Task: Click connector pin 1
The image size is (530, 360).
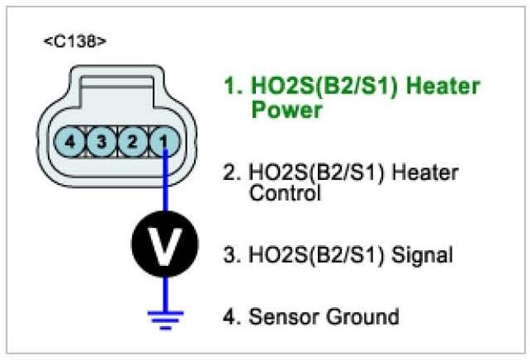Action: click(x=165, y=142)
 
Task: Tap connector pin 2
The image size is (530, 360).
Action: click(x=132, y=142)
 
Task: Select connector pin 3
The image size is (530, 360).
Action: click(x=101, y=142)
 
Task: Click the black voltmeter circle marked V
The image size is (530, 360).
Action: click(x=165, y=245)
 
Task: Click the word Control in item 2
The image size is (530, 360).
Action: click(x=283, y=194)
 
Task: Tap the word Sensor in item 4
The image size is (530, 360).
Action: click(x=286, y=316)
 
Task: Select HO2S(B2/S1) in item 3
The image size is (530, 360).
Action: click(x=314, y=255)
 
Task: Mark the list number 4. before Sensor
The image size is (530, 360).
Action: click(x=231, y=316)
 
